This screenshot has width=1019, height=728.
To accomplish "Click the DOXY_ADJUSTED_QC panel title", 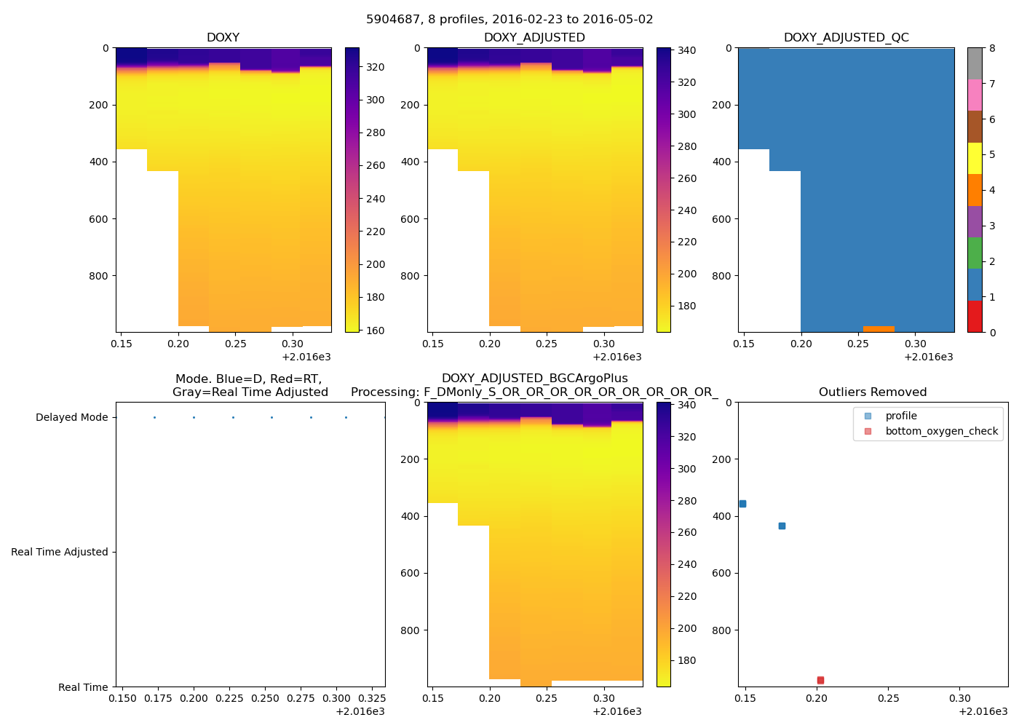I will [846, 37].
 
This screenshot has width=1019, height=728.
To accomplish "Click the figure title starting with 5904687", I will [509, 20].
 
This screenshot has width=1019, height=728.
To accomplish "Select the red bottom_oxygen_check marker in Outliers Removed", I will [820, 680].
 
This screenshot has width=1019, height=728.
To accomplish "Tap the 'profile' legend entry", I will [900, 416].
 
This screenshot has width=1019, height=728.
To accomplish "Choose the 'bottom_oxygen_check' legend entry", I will [941, 431].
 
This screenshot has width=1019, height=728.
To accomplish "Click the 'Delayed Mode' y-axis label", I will [71, 417].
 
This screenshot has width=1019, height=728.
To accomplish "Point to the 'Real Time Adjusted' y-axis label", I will [59, 552].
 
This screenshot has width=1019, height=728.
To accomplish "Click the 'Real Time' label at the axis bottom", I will [83, 687].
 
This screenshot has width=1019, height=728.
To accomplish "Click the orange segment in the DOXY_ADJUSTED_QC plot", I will [879, 329].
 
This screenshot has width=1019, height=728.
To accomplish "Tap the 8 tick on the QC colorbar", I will [992, 49].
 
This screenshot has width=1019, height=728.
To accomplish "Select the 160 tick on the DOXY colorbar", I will [375, 331].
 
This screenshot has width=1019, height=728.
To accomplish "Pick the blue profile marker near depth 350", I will [742, 504].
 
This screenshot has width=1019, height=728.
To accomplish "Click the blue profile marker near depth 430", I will [782, 526].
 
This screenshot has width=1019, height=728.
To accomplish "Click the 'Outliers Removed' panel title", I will [872, 392].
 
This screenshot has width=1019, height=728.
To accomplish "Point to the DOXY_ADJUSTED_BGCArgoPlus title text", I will [534, 379].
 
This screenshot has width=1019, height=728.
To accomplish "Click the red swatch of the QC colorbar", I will [975, 317].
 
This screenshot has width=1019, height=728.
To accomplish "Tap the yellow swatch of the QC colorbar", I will [975, 158].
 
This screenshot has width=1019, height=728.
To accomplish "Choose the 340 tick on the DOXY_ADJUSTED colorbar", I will [686, 50].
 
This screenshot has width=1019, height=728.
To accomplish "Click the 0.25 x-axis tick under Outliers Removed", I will [888, 699].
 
